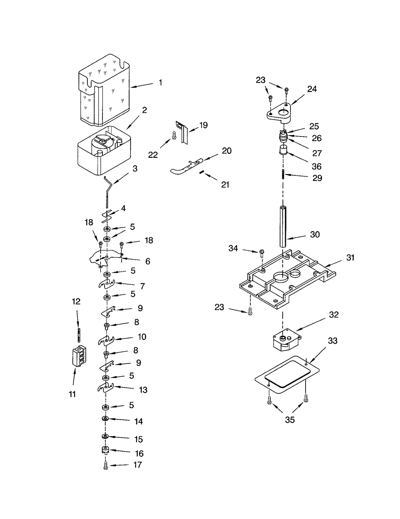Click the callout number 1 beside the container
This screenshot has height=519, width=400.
(x=160, y=82)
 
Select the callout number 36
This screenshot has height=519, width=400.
(x=316, y=166)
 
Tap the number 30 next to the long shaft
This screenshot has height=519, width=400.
(x=315, y=234)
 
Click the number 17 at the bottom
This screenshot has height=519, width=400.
(x=138, y=465)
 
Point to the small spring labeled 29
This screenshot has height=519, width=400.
(x=283, y=174)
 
